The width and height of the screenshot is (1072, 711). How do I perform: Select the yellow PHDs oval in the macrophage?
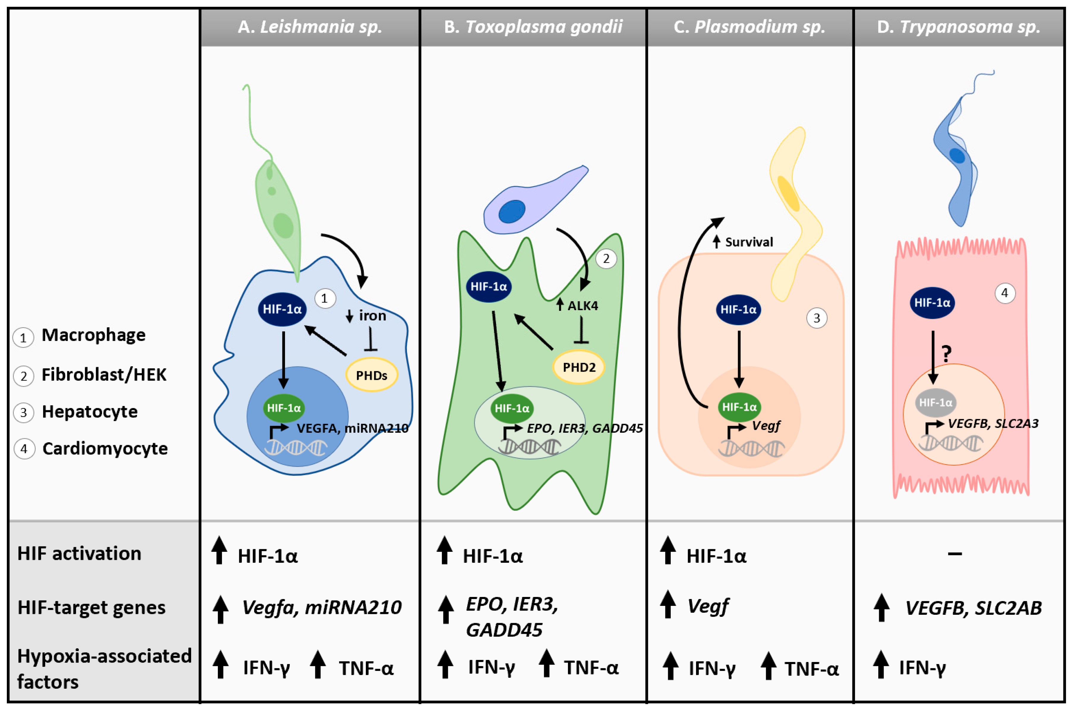(371, 375)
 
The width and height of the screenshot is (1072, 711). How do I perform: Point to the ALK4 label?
(583, 306)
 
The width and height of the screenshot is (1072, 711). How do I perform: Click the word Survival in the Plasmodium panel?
(749, 242)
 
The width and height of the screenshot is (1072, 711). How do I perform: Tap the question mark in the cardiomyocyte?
(946, 353)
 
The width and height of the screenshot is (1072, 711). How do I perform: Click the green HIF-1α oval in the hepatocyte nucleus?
(739, 407)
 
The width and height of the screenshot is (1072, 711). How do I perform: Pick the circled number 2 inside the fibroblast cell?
(606, 259)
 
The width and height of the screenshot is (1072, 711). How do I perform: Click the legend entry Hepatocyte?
(89, 412)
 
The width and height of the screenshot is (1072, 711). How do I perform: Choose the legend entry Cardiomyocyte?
(105, 448)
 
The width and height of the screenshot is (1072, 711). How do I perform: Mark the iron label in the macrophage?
(372, 316)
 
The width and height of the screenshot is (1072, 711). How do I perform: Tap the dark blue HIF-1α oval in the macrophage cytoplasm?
(282, 309)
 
